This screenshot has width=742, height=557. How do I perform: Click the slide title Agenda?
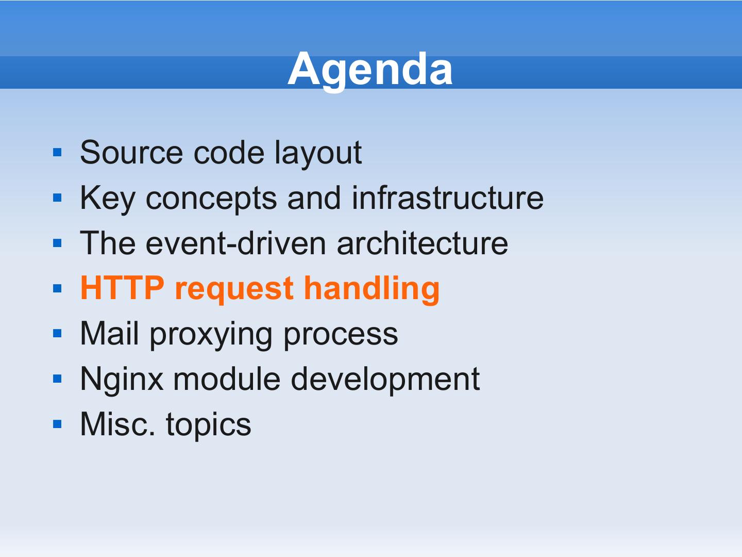pyautogui.click(x=370, y=71)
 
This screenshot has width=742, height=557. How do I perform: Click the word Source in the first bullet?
pyautogui.click(x=131, y=153)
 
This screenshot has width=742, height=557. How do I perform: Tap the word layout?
pyautogui.click(x=318, y=153)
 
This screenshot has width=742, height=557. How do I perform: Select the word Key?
pyautogui.click(x=108, y=200)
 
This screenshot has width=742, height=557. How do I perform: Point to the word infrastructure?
pyautogui.click(x=448, y=198)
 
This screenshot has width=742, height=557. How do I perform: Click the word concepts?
pyautogui.click(x=211, y=200)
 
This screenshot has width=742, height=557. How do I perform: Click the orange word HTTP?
pyautogui.click(x=122, y=288)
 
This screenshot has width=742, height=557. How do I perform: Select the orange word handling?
pyautogui.click(x=372, y=290)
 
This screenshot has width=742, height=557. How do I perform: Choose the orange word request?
pyautogui.click(x=234, y=290)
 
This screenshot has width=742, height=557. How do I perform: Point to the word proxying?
pyautogui.click(x=211, y=335)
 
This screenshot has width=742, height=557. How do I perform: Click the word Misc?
pyautogui.click(x=117, y=424)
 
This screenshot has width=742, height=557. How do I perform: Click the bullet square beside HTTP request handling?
pyautogui.click(x=58, y=288)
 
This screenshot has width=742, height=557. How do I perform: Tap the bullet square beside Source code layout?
pyautogui.click(x=58, y=152)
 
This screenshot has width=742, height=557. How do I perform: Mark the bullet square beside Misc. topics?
pyautogui.click(x=58, y=424)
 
